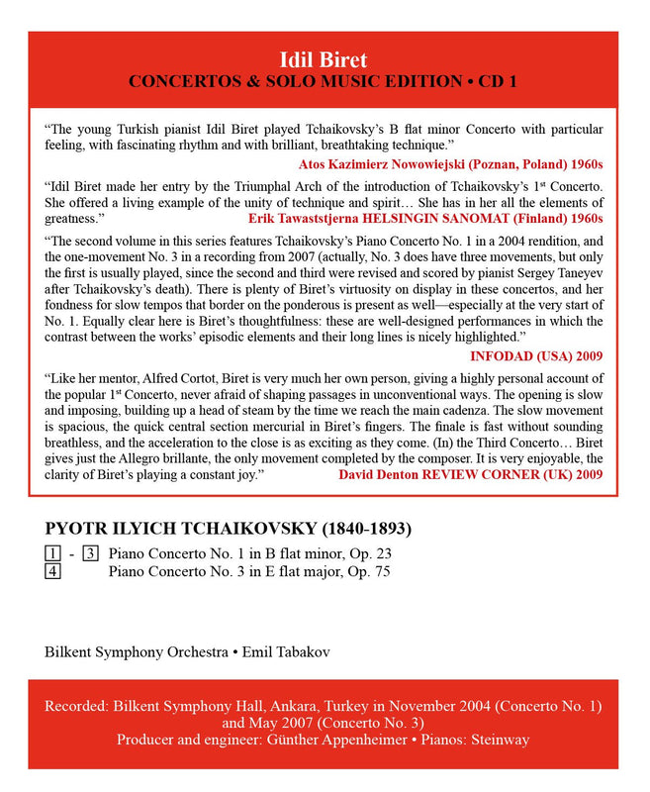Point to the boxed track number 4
[x=51, y=571]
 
